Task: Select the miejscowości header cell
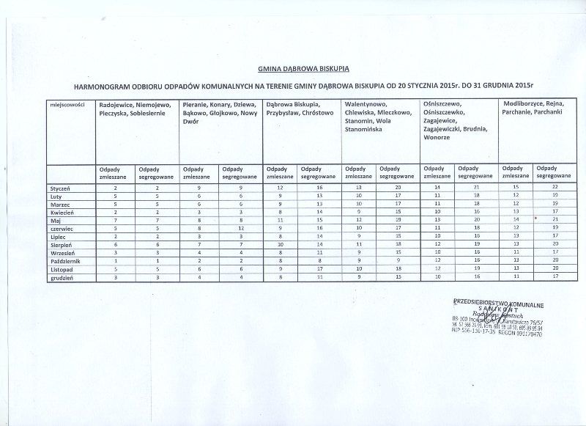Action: coord(65,105)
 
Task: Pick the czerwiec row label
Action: coord(60,228)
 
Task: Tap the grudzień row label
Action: coord(60,279)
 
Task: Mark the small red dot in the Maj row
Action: coord(535,218)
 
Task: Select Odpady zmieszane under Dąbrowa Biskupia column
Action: coord(278,173)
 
